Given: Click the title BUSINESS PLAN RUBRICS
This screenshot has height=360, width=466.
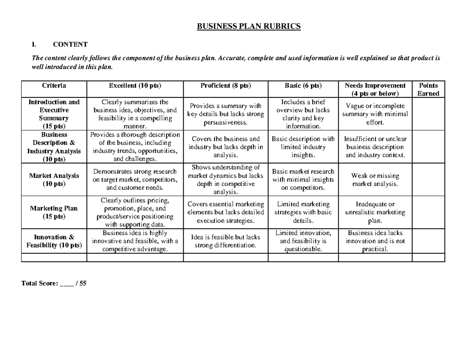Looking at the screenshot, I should (x=249, y=26).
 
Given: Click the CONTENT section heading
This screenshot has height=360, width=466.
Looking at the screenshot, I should (x=70, y=44).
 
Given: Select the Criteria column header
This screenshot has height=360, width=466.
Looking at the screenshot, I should (x=54, y=85).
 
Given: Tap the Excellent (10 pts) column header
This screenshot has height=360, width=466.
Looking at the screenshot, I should (x=135, y=85).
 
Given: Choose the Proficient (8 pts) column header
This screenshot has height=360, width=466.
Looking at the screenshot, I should (x=226, y=85).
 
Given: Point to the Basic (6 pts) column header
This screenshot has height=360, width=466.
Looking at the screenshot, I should (x=303, y=85).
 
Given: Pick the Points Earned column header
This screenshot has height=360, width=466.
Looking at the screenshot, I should (x=428, y=89).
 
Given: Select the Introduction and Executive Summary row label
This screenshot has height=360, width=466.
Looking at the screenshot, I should (x=54, y=114).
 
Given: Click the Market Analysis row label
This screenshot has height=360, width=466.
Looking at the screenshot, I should (x=54, y=179).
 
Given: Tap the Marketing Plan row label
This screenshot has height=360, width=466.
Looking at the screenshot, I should (x=54, y=212).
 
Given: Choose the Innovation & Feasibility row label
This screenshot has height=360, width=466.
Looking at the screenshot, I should (x=54, y=241).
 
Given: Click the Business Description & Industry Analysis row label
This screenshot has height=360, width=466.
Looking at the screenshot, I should (x=54, y=147).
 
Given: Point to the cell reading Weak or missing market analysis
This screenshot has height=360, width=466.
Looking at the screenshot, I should (x=375, y=180).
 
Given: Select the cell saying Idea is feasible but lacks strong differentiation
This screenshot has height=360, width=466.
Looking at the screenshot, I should (x=226, y=241).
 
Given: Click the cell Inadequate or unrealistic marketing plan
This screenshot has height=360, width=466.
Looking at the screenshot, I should (x=375, y=212).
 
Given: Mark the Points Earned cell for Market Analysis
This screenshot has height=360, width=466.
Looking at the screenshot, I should (x=428, y=179).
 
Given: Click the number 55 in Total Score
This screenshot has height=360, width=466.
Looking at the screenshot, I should (x=83, y=283).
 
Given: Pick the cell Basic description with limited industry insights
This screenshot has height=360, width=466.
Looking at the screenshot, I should (x=303, y=147).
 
